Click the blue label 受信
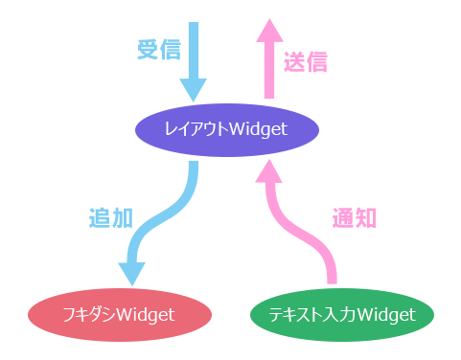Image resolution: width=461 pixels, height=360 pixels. [x=159, y=50]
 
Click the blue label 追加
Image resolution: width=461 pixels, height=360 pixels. [x=107, y=218]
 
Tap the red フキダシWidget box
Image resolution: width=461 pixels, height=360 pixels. [x=119, y=314]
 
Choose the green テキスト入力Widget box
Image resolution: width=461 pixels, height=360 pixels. [x=341, y=314]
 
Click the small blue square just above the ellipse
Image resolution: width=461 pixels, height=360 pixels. [x=194, y=89]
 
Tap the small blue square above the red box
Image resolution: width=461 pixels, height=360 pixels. [x=131, y=274]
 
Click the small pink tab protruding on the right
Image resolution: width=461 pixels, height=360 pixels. [x=364, y=217]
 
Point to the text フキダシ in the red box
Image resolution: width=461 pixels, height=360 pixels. [x=89, y=314]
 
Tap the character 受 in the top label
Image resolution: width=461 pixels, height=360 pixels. [x=148, y=50]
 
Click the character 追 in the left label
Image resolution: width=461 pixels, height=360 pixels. [x=99, y=218]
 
